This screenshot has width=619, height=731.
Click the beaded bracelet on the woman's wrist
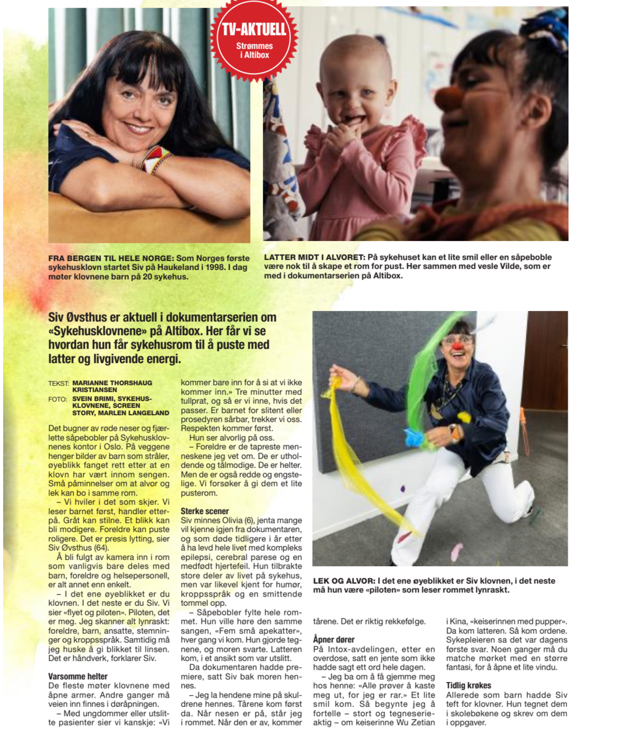coord(155,160)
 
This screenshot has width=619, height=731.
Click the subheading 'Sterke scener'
coord(205,511)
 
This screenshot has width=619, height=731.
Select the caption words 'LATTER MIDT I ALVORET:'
coord(314,256)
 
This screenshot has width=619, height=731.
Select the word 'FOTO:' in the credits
coord(58,400)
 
